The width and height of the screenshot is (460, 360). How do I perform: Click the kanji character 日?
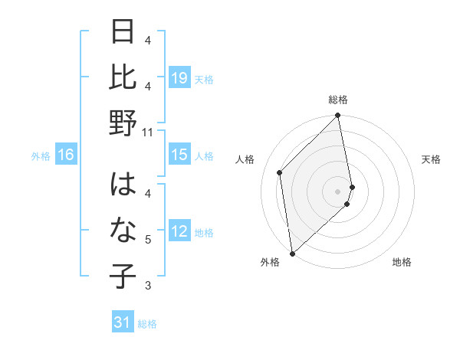(123, 33)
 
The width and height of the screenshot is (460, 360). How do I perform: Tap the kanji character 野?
(123, 123)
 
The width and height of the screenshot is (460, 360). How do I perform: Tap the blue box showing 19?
(179, 77)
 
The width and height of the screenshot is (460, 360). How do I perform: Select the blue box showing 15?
(179, 155)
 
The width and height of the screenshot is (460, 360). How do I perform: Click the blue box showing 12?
(179, 231)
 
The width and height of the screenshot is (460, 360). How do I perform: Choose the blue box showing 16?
(66, 155)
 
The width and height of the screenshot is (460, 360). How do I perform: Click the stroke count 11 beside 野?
(149, 132)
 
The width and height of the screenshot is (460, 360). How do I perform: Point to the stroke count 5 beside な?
(149, 240)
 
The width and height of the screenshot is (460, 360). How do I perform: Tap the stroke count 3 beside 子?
(149, 286)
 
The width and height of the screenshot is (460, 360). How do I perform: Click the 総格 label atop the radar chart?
(338, 100)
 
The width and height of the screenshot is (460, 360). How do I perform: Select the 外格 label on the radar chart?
(270, 263)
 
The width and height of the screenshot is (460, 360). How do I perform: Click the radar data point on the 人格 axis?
(280, 172)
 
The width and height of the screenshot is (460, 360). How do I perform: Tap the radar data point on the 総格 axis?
(338, 116)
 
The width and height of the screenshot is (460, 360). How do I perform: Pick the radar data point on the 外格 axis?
(292, 254)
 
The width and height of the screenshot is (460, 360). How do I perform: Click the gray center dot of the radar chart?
(338, 191)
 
